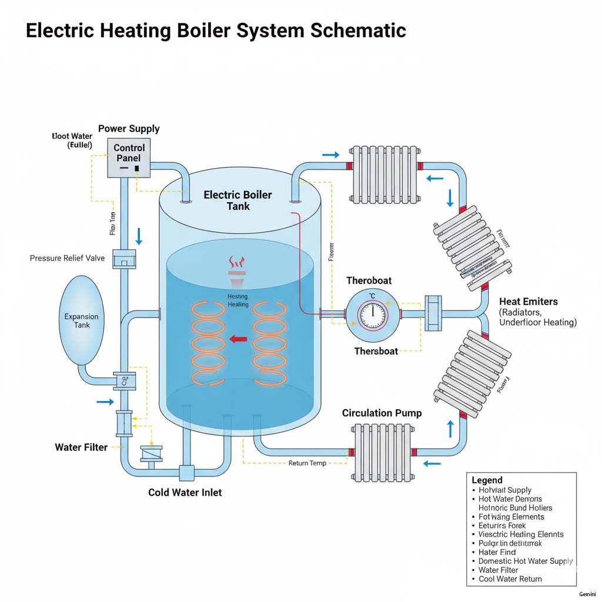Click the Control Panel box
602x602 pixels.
pos(129,157)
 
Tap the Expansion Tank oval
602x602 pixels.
pos(81,320)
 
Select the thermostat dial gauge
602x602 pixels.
pos(372,316)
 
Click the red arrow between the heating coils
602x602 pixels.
pos(238,339)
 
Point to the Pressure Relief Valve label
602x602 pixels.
pos(67,258)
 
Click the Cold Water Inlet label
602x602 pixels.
pos(185,492)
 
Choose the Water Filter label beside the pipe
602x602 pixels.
pos(81,447)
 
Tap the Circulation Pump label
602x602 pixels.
pos(382,413)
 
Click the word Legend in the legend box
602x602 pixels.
pos(487,480)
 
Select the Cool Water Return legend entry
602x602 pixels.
pos(510,579)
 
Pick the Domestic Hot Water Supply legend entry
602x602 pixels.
pos(526,561)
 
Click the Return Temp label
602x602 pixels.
pos(307,463)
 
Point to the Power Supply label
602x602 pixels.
pos(129,129)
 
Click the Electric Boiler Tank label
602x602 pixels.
pos(238,200)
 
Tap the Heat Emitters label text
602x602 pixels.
pos(529,302)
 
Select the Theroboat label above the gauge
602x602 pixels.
pos(369,281)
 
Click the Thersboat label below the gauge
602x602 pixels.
pos(376,352)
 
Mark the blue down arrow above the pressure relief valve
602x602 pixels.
pos(139,236)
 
